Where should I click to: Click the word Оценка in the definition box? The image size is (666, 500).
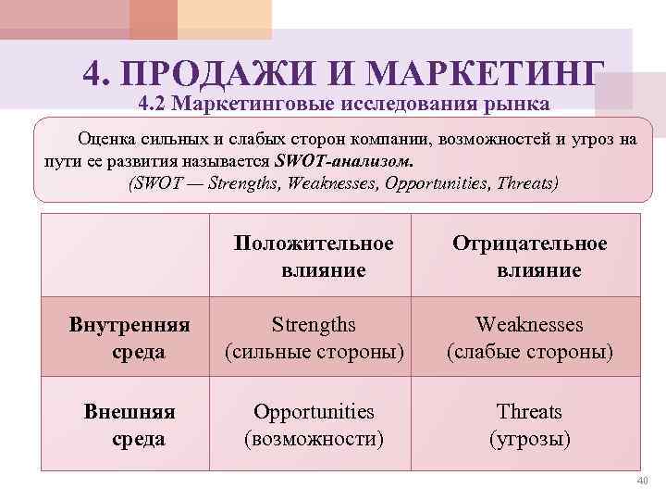109,140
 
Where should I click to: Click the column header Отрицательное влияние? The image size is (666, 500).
529,256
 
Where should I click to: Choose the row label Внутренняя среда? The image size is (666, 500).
129,338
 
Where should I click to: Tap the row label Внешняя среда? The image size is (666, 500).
129,424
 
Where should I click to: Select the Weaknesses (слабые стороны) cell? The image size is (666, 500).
529,338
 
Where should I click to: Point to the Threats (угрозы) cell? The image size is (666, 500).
529,424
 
